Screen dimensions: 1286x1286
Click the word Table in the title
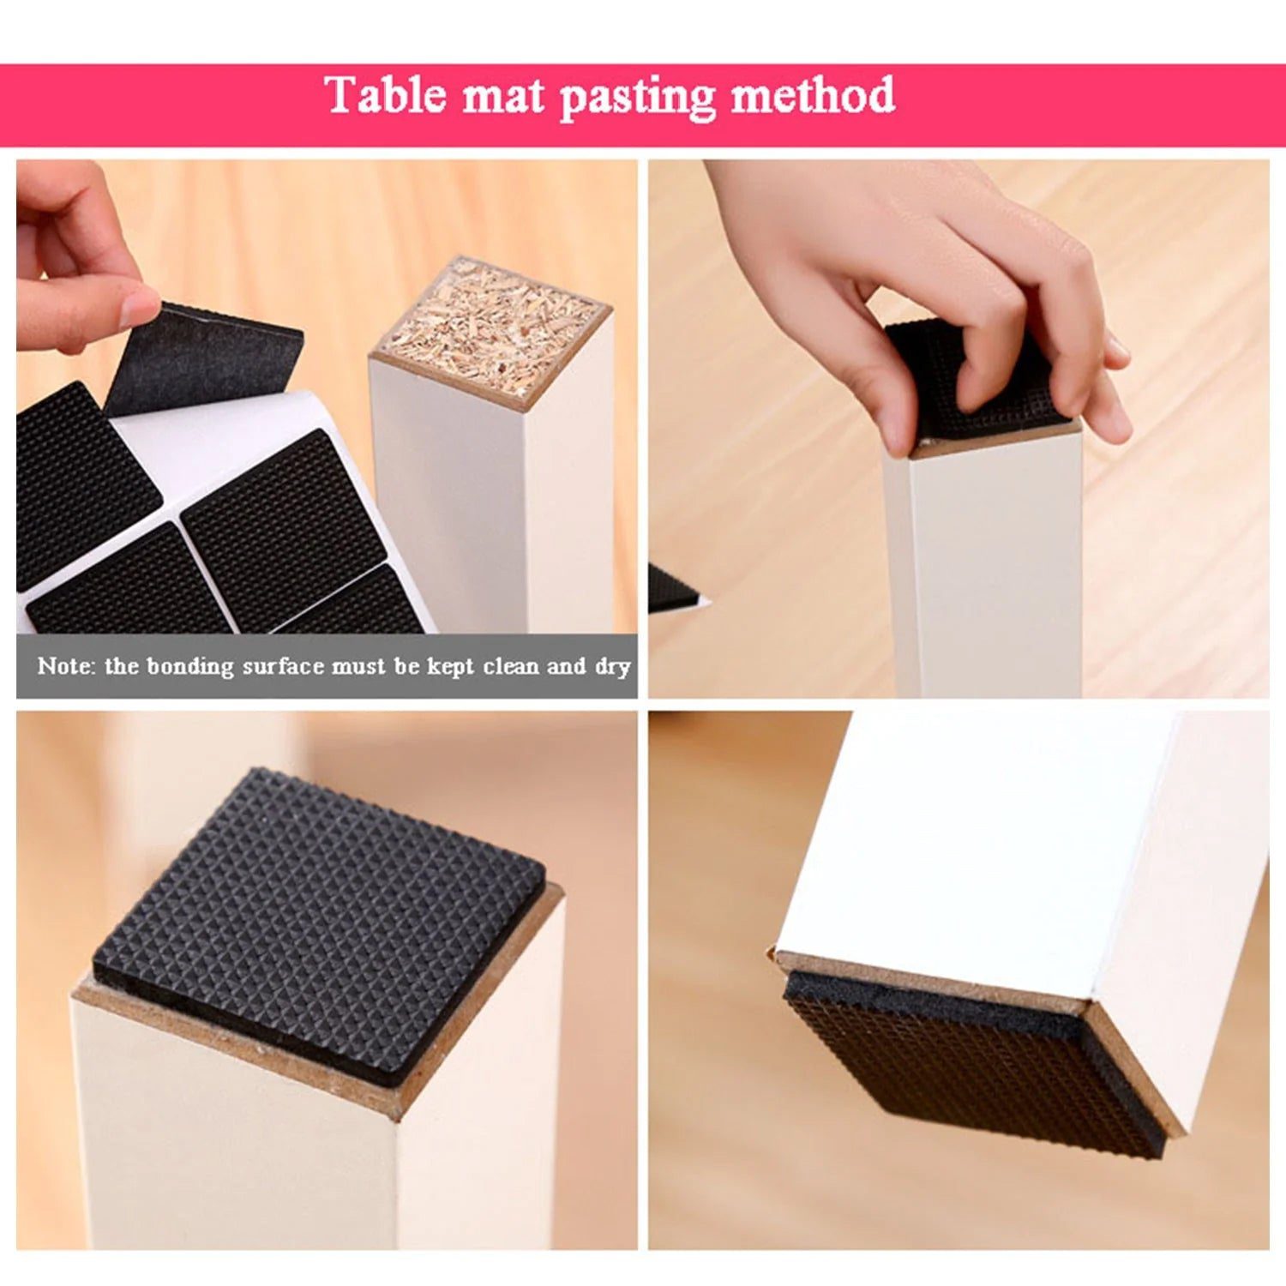click(387, 94)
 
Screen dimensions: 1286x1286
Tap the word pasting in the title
click(637, 98)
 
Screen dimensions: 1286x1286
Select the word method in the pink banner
click(813, 94)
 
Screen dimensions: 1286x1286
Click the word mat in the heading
click(503, 96)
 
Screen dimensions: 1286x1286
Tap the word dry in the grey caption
click(613, 668)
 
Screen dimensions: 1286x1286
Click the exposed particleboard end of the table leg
click(491, 330)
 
